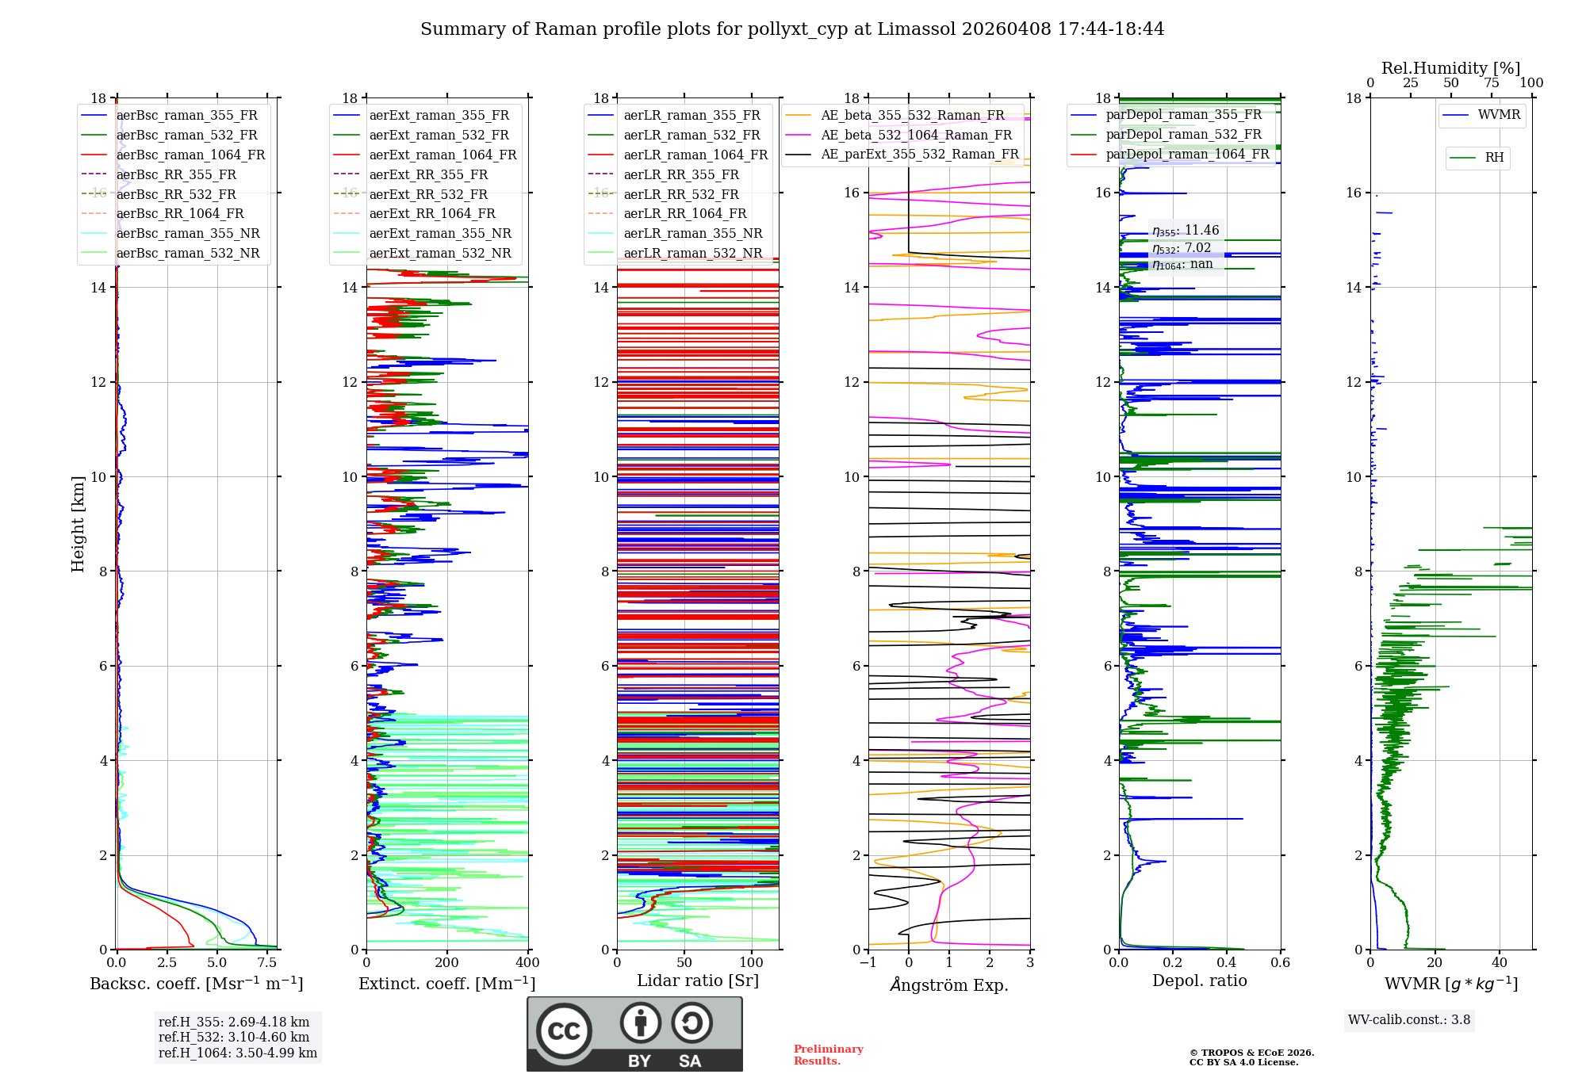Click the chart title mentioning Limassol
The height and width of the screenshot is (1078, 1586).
[792, 29]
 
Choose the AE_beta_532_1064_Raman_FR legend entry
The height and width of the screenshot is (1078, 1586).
[916, 135]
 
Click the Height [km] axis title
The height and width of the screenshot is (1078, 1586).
[78, 523]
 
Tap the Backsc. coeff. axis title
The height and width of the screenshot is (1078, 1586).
[196, 984]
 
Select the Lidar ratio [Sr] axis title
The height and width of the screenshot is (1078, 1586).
[697, 981]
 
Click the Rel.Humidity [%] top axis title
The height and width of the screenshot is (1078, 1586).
[1450, 68]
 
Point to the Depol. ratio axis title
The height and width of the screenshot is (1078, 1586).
[1199, 981]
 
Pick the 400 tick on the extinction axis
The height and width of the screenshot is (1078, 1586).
[527, 963]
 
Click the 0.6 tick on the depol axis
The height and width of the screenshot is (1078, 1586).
[1280, 963]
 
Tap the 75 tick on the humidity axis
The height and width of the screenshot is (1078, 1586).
[1491, 83]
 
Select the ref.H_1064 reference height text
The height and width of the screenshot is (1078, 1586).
[238, 1053]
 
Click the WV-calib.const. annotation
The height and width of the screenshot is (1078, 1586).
[1409, 1020]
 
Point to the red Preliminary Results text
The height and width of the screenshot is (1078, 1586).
[828, 1055]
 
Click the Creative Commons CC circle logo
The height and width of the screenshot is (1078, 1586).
[564, 1031]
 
